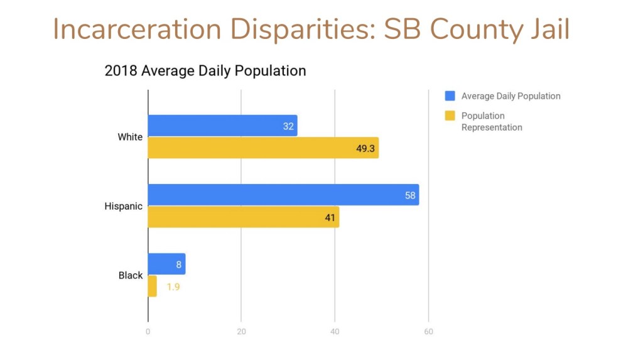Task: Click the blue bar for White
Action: pos(222,126)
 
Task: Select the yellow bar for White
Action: pos(263,148)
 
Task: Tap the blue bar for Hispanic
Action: pos(283,195)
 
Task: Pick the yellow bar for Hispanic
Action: pos(243,217)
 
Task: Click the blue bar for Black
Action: pos(166,264)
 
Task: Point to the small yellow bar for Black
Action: pos(152,286)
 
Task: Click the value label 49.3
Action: pos(365,148)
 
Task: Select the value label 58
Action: pos(410,195)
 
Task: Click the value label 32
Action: pos(288,126)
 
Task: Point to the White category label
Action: pos(130,137)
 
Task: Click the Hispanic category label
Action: pos(123,206)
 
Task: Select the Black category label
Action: pos(131,275)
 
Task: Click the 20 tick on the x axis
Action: pos(241,332)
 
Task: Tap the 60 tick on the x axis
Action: pos(428,332)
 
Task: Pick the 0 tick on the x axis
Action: pos(148,332)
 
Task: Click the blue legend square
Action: pos(450,96)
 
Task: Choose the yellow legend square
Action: pos(450,116)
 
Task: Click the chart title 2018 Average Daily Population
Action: pos(205,71)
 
